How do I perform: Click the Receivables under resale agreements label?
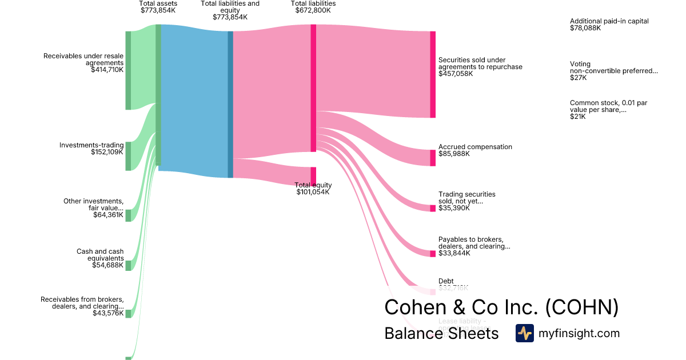tap(83, 59)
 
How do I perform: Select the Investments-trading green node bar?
tap(128, 156)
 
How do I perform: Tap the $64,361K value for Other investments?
tap(108, 215)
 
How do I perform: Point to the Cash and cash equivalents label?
tap(100, 255)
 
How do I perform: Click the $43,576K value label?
tap(108, 313)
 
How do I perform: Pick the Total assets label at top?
tap(158, 3)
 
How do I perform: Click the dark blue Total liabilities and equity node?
tap(230, 104)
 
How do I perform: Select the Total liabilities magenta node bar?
tap(313, 88)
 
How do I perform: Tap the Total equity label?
tap(313, 185)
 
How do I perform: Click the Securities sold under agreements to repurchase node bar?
tap(433, 74)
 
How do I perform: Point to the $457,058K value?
tap(456, 74)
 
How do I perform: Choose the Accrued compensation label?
tap(475, 147)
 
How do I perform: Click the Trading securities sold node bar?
tap(433, 208)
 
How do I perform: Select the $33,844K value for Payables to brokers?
tap(454, 253)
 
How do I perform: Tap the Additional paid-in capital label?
tap(609, 21)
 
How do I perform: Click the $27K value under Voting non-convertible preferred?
tap(578, 78)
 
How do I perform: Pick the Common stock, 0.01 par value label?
tap(608, 106)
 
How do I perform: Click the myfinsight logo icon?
tap(524, 333)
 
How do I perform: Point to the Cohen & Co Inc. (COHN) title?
tap(501, 307)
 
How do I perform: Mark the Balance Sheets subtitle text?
tap(441, 333)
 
